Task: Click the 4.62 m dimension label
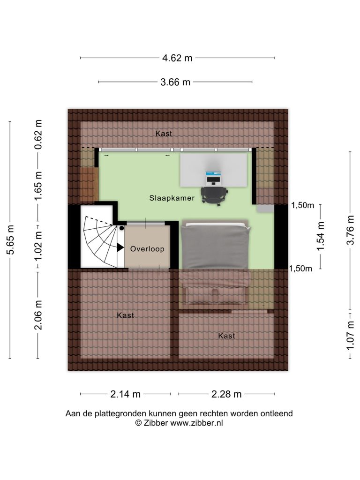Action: click(x=177, y=58)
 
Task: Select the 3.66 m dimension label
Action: click(x=175, y=82)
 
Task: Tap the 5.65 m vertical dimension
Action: click(x=10, y=240)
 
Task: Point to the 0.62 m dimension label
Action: click(x=38, y=135)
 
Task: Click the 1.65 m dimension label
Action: click(x=38, y=186)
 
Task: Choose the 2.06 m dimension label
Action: click(x=38, y=315)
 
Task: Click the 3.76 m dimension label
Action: click(x=350, y=230)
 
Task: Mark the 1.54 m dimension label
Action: click(x=320, y=236)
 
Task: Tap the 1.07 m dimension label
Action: click(x=350, y=335)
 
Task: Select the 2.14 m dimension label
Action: click(x=126, y=394)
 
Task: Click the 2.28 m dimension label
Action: click(x=226, y=394)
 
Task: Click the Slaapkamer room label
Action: click(x=172, y=198)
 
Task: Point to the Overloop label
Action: click(x=147, y=249)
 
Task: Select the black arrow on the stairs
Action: click(x=120, y=247)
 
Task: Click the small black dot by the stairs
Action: click(x=121, y=228)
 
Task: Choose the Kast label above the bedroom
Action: click(x=164, y=134)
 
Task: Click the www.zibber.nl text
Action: click(x=196, y=423)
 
